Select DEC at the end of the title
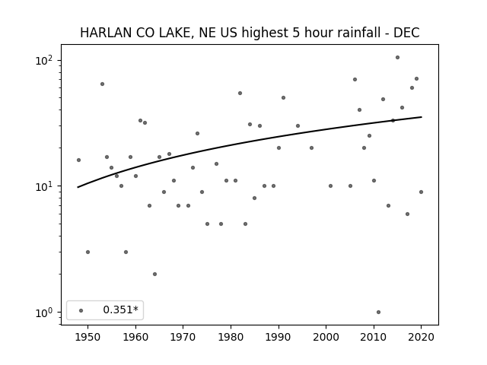(x=406, y=33)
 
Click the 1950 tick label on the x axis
(x=88, y=338)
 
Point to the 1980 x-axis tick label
(x=231, y=338)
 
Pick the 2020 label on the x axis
(x=421, y=338)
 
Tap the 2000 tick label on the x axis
(x=326, y=338)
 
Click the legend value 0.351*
(x=120, y=309)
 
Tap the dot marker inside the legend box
(x=81, y=310)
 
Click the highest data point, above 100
(x=397, y=58)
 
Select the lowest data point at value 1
(x=378, y=313)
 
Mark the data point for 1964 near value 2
(x=154, y=274)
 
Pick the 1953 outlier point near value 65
(x=102, y=84)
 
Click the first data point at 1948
(x=78, y=160)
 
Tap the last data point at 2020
(x=421, y=192)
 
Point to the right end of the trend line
(x=422, y=117)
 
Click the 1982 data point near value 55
(x=240, y=93)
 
